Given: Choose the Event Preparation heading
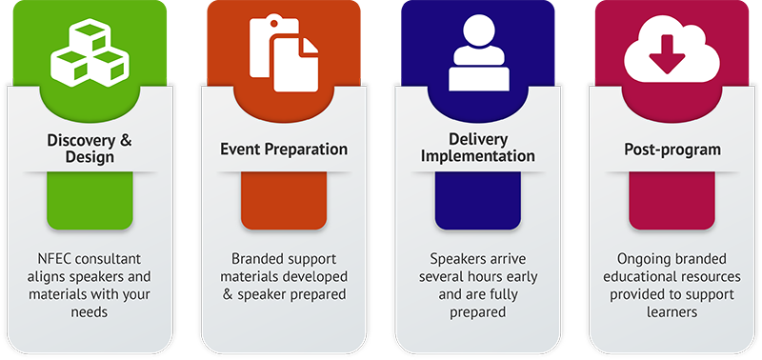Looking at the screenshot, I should pos(284,150).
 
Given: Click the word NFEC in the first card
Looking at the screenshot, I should pos(57,258).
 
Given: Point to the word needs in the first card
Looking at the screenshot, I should pos(91,311).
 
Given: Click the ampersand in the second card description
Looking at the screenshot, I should pos(227,294).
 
